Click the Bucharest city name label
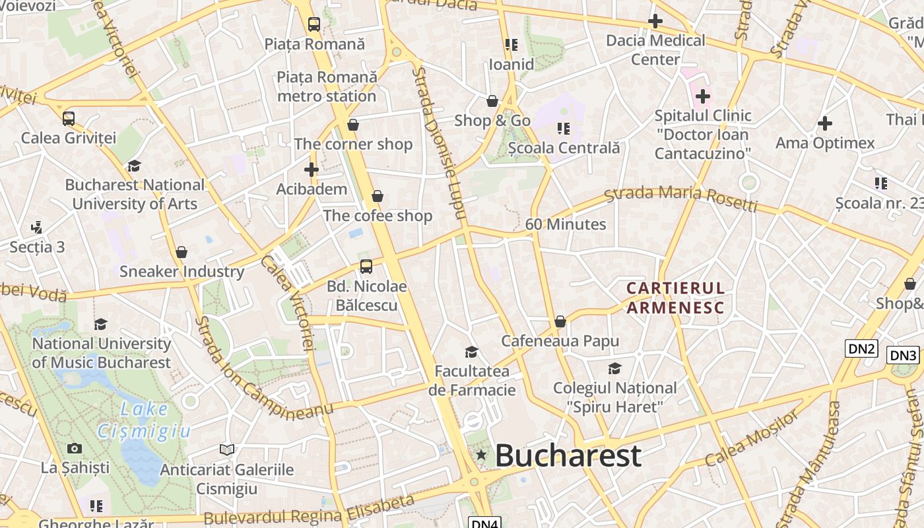[568, 455]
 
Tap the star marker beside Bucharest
[481, 455]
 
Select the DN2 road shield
[861, 348]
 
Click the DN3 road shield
[902, 356]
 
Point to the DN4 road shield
[484, 523]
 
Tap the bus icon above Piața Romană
[314, 24]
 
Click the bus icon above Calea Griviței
[69, 119]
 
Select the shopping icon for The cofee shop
[378, 196]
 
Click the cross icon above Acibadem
[312, 170]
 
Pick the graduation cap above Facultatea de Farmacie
[471, 352]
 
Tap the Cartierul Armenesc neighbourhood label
[675, 298]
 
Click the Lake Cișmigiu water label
[144, 420]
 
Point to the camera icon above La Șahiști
[75, 449]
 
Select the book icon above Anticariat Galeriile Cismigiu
[227, 450]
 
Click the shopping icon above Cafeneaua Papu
[560, 321]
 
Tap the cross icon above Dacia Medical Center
[655, 21]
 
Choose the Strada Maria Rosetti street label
[680, 198]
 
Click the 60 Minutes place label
[565, 224]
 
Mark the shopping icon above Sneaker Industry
[181, 252]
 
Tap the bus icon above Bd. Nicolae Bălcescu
[366, 267]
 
